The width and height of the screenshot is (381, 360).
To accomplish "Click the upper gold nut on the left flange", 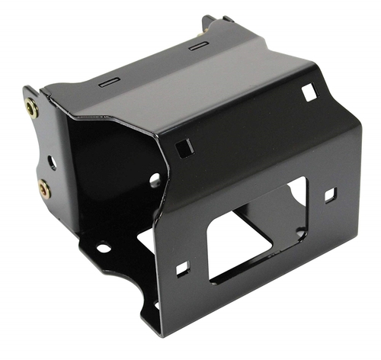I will [x=32, y=108].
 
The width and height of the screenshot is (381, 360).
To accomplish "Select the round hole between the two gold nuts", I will [x=51, y=162].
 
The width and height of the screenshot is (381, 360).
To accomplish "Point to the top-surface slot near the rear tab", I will [x=198, y=47].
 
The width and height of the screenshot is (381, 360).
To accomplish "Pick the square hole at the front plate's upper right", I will [x=309, y=92].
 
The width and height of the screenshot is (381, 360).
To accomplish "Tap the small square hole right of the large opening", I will [x=330, y=195].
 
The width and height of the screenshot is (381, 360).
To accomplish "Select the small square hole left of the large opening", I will [x=182, y=268].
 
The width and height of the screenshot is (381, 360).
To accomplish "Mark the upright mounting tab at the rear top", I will [x=210, y=24].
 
